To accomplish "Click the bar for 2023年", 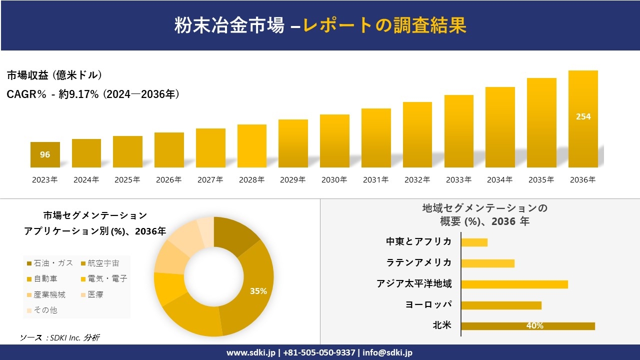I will coord(45,155).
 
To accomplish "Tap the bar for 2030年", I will coord(334,141).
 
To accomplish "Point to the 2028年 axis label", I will coord(251,180).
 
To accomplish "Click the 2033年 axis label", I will coord(458,180).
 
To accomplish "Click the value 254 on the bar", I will coord(583,116).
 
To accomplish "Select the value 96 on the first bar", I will coord(45,154).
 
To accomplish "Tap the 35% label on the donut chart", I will coord(258,291).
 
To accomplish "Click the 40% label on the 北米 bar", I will coord(534,326).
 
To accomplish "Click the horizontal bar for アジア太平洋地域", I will coord(514,284).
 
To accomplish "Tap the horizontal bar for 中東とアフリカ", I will coord(474,242).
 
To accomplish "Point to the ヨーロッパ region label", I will coord(428,304).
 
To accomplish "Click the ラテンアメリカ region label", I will coord(418,262).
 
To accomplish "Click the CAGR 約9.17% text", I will coord(93,94).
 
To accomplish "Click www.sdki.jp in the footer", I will coord(250,352).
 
